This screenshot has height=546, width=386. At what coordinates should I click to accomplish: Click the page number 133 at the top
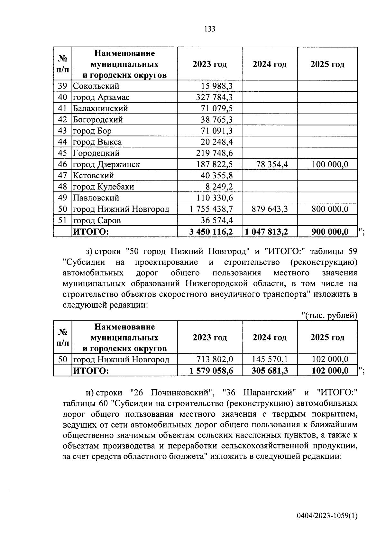(209, 29)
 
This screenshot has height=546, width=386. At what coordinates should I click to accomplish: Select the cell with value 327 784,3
(214, 97)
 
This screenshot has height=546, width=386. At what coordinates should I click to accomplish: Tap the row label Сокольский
(96, 86)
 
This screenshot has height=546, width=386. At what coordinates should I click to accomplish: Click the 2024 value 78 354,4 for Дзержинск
(272, 164)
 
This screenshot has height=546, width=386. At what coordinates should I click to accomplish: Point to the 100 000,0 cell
(330, 164)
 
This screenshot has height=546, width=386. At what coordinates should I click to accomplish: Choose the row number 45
(62, 153)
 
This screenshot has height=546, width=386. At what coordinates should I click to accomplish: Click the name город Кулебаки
(103, 187)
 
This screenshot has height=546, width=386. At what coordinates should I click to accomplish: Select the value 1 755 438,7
(211, 209)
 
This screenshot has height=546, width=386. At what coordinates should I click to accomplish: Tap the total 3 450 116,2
(211, 231)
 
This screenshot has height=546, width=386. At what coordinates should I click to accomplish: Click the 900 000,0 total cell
(330, 231)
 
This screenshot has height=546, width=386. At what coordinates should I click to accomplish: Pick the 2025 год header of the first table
(327, 64)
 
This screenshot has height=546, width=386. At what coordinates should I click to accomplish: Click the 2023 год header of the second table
(209, 337)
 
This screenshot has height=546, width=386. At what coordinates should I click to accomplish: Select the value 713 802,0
(215, 359)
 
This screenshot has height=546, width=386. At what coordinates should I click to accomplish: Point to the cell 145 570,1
(270, 359)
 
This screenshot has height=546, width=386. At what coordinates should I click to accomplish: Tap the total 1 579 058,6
(211, 371)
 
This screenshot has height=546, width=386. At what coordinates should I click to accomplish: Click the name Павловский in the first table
(96, 198)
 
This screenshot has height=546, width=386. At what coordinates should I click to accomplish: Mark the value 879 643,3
(270, 209)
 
